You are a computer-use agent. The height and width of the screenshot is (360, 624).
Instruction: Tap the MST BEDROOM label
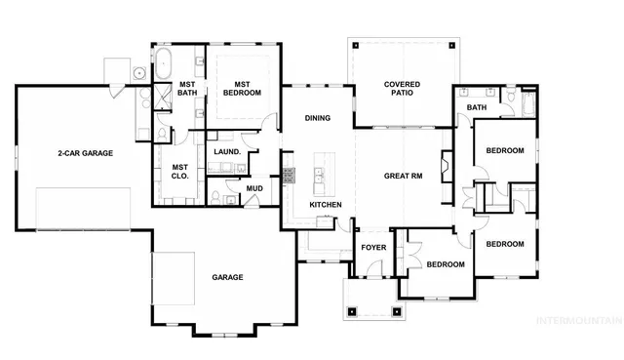click(x=241, y=88)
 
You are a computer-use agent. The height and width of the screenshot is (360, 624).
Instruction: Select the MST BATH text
click(x=187, y=88)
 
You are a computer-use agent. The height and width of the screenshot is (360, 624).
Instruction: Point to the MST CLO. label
click(x=180, y=172)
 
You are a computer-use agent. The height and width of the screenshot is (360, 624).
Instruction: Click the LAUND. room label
click(x=228, y=152)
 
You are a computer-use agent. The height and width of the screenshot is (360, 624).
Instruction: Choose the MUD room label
click(x=253, y=187)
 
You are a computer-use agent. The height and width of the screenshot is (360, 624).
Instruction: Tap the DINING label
click(x=318, y=118)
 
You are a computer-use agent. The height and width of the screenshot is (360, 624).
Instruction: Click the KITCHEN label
click(x=326, y=205)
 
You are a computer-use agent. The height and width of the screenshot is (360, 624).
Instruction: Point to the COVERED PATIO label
click(x=402, y=90)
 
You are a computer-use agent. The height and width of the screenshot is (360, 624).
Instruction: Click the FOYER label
click(x=374, y=248)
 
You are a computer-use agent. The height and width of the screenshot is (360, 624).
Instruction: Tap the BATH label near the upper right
click(x=477, y=107)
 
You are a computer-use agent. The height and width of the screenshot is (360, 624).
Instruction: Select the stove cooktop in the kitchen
click(x=289, y=177)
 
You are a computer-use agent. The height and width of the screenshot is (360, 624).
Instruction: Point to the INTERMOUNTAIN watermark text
click(x=585, y=318)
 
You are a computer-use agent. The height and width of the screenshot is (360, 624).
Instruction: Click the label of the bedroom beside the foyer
click(x=445, y=264)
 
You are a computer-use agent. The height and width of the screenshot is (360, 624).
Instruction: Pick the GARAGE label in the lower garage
click(x=227, y=277)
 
